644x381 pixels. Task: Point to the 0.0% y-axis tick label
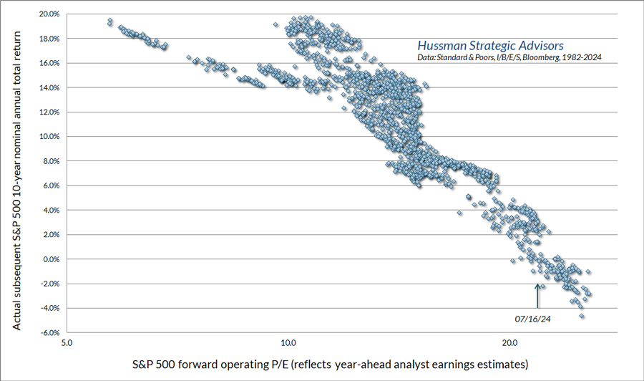click(50, 259)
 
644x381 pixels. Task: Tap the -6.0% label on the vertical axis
click(49, 333)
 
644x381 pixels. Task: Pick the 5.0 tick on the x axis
click(67, 342)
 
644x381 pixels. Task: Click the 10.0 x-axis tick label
click(288, 342)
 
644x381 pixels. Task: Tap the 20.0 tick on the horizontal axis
click(509, 342)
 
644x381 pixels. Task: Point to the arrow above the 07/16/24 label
click(537, 295)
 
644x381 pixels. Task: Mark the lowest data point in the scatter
click(582, 316)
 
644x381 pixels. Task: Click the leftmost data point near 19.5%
click(109, 21)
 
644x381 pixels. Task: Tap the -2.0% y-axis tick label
click(49, 284)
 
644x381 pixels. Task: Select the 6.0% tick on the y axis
click(50, 185)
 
